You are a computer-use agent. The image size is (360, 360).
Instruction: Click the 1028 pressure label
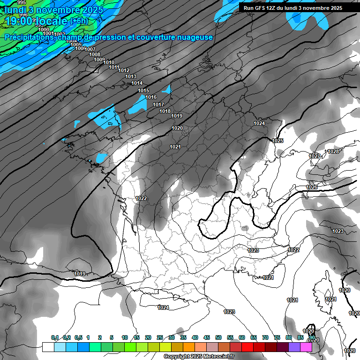(333, 151)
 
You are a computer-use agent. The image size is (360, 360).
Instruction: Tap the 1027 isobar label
(315, 156)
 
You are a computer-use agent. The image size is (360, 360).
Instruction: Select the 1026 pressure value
(312, 187)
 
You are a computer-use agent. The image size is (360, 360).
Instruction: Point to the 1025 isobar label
(278, 141)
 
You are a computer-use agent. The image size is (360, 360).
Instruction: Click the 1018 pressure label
(165, 111)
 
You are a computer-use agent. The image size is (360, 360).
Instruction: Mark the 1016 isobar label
(151, 97)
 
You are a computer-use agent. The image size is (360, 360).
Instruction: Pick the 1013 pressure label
(131, 76)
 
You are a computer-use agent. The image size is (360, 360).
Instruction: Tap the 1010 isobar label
(109, 62)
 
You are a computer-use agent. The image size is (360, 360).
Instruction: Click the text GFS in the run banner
(259, 8)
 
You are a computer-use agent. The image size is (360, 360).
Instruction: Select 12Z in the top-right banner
(271, 8)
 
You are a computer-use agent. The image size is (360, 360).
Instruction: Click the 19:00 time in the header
(20, 21)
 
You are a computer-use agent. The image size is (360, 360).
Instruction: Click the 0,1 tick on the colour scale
(55, 337)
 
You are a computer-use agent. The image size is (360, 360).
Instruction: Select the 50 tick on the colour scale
(218, 337)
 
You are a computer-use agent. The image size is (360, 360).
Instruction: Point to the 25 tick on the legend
(160, 337)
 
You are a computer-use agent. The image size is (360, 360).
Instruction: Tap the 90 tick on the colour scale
(312, 337)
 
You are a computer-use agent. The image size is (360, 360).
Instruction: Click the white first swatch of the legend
(48, 347)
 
